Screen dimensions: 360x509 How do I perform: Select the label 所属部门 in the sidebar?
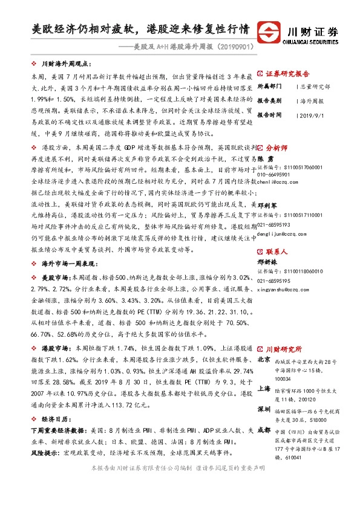coord(269,86)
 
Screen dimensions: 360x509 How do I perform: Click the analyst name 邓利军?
coord(268,205)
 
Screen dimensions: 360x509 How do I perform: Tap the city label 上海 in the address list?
coord(264,389)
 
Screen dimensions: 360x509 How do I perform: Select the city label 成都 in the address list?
coord(264,430)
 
